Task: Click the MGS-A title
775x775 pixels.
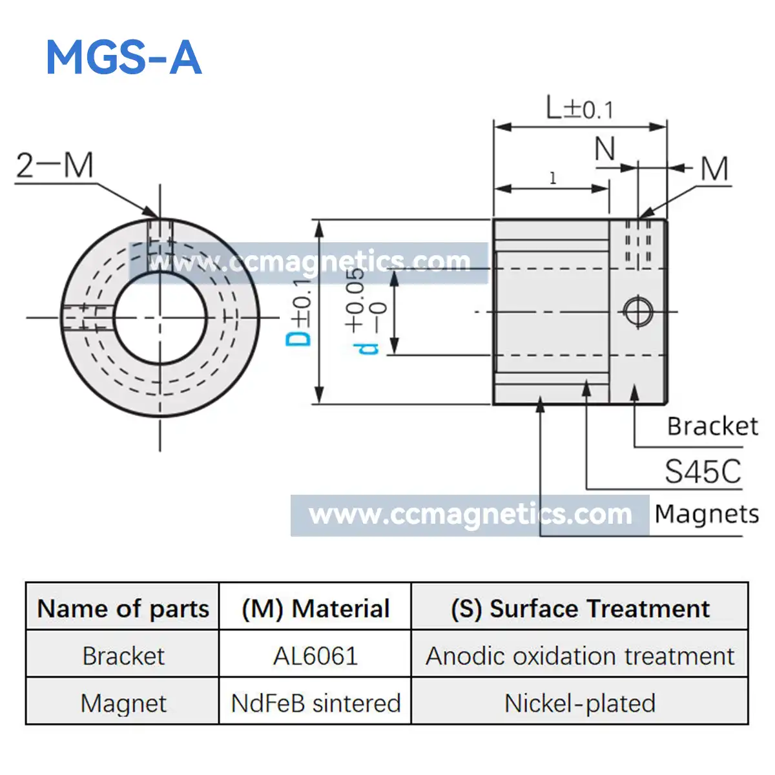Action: point(124,57)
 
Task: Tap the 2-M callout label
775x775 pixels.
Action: point(55,165)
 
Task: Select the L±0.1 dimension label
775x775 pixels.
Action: point(579,108)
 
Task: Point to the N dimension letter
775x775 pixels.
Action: point(604,150)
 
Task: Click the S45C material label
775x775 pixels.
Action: point(703,471)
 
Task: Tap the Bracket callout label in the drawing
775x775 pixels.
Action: point(712,426)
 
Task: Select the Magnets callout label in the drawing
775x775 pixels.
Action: point(707,514)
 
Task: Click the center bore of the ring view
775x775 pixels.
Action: point(160,317)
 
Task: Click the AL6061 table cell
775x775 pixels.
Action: point(315,656)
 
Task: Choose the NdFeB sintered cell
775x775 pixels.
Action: point(315,703)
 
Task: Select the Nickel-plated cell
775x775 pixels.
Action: point(579,703)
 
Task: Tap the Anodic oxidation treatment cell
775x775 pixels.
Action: point(579,656)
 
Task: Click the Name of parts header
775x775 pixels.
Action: point(123,608)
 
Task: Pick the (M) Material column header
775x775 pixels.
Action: point(315,608)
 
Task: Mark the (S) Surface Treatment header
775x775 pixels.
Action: point(579,608)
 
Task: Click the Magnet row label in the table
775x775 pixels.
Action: point(123,703)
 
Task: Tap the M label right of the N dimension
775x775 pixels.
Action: point(715,169)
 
